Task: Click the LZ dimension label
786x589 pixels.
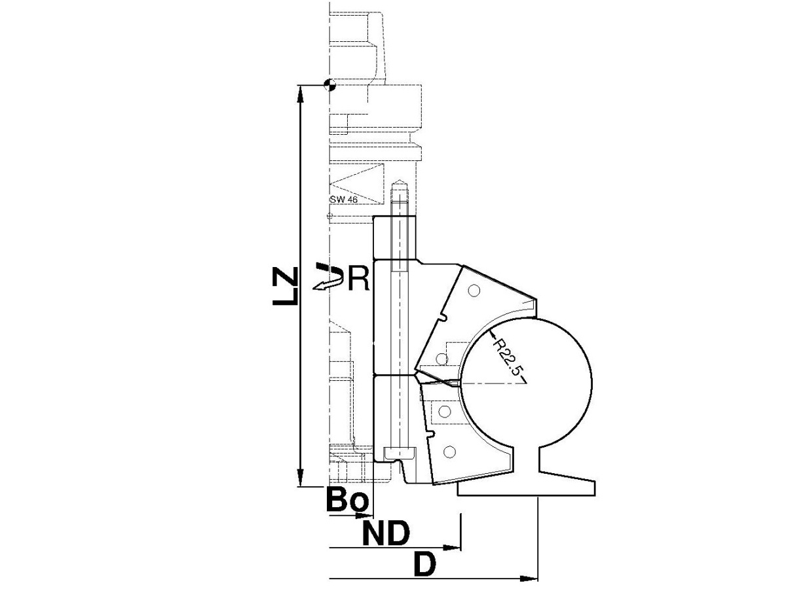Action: click(x=285, y=286)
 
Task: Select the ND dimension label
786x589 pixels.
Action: click(x=386, y=533)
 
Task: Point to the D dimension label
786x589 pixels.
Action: click(x=425, y=564)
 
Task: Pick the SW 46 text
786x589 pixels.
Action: click(x=343, y=200)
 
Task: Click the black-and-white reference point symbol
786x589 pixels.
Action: click(x=329, y=85)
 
